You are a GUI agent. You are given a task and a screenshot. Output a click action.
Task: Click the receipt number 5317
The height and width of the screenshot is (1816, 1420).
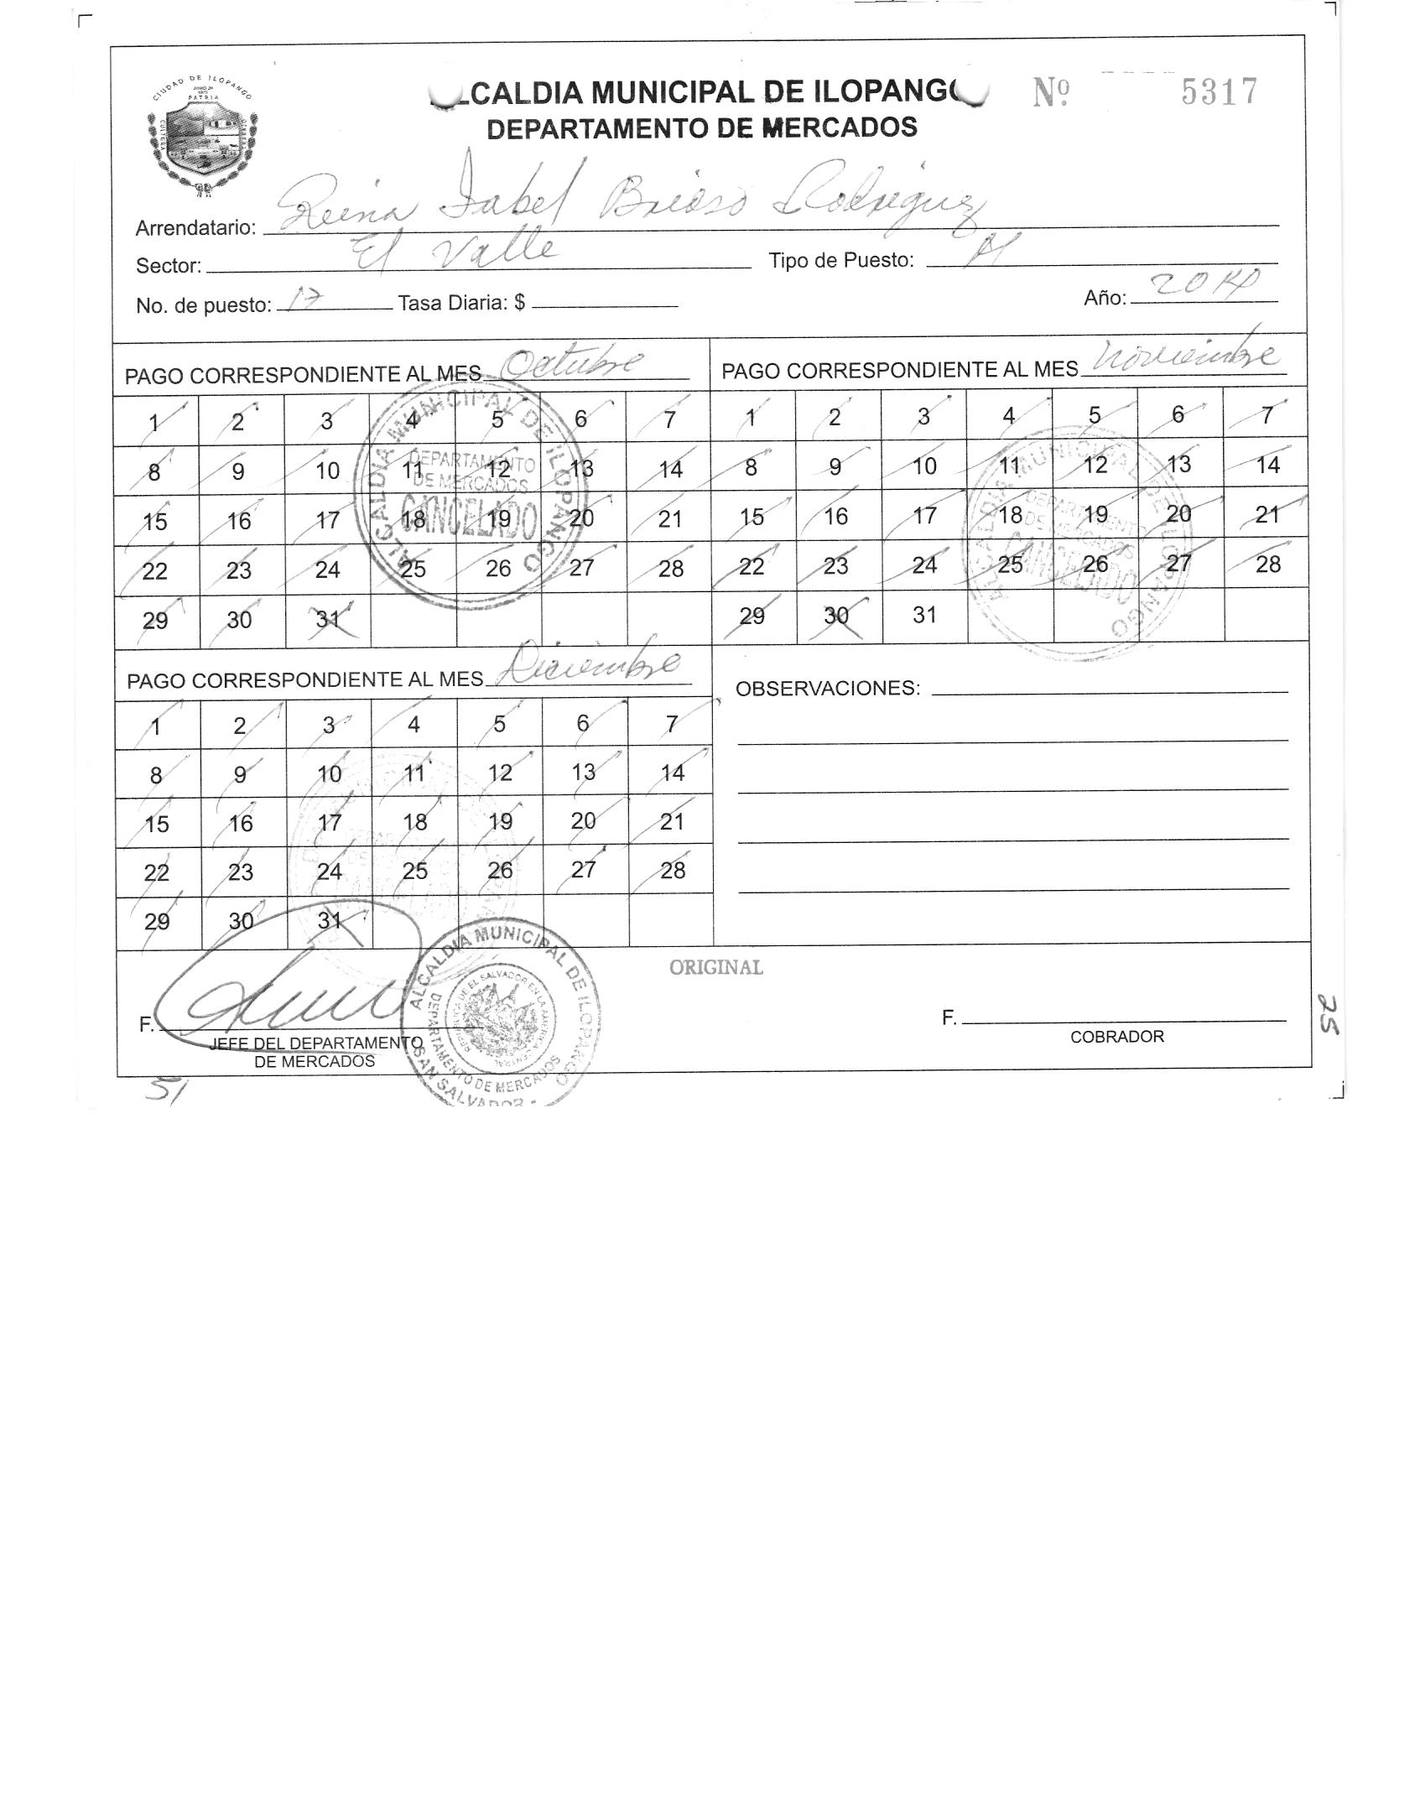(x=1220, y=92)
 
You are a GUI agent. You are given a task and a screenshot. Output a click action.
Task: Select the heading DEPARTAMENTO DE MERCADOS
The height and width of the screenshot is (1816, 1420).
(x=702, y=128)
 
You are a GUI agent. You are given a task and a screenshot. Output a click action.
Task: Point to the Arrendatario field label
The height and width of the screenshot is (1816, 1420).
(x=195, y=227)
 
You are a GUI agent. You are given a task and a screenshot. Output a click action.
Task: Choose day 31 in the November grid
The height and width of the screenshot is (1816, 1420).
(x=924, y=615)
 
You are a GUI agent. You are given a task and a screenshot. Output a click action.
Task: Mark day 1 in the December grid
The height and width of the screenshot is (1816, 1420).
(x=157, y=726)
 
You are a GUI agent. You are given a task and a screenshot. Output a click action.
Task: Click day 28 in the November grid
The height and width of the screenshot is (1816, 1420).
(x=1267, y=564)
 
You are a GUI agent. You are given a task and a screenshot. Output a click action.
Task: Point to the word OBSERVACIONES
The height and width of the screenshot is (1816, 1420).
(x=827, y=689)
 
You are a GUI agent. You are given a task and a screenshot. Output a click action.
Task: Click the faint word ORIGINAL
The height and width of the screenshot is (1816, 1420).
(x=715, y=967)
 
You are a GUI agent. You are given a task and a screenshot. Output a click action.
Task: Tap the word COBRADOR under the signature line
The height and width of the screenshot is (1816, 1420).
(x=1116, y=1037)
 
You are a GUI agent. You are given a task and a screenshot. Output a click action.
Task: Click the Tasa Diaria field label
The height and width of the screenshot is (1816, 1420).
(x=461, y=304)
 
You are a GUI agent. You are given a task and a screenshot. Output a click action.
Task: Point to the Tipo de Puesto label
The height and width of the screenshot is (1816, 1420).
(x=840, y=261)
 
